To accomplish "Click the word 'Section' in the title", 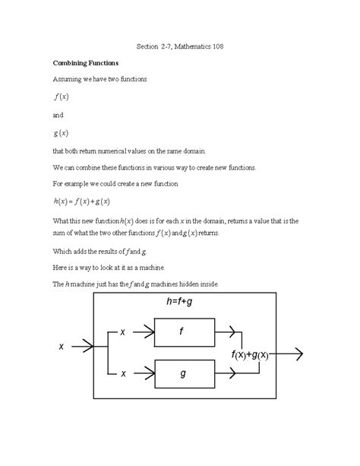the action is (150, 46).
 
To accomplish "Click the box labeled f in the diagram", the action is (182, 331).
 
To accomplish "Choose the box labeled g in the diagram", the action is (182, 373).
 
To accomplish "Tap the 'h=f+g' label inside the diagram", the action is (182, 303).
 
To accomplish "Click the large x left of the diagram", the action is (61, 347).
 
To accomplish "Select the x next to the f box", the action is (123, 332).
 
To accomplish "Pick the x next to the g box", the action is (123, 373).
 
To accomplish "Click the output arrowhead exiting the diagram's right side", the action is (298, 353).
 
